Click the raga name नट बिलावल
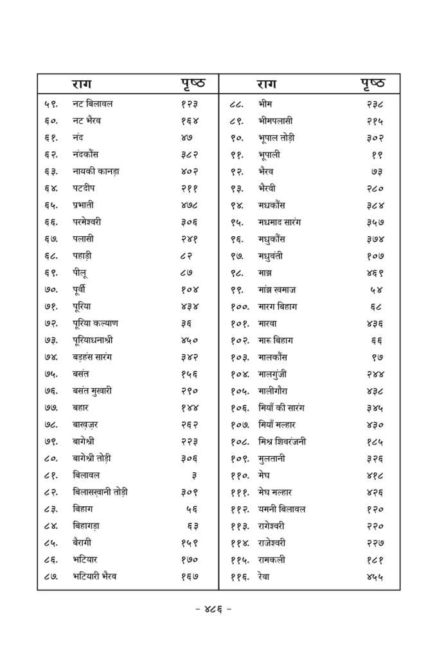pos(93,104)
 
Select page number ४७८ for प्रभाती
pos(190,205)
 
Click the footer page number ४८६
pos(213,610)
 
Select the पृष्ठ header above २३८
pos(372,84)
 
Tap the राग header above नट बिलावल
pos(84,84)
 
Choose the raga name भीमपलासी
pos(275,121)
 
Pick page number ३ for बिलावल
pos(194,475)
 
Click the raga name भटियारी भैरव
pos(94,577)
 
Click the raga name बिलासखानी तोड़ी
pos(100,492)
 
